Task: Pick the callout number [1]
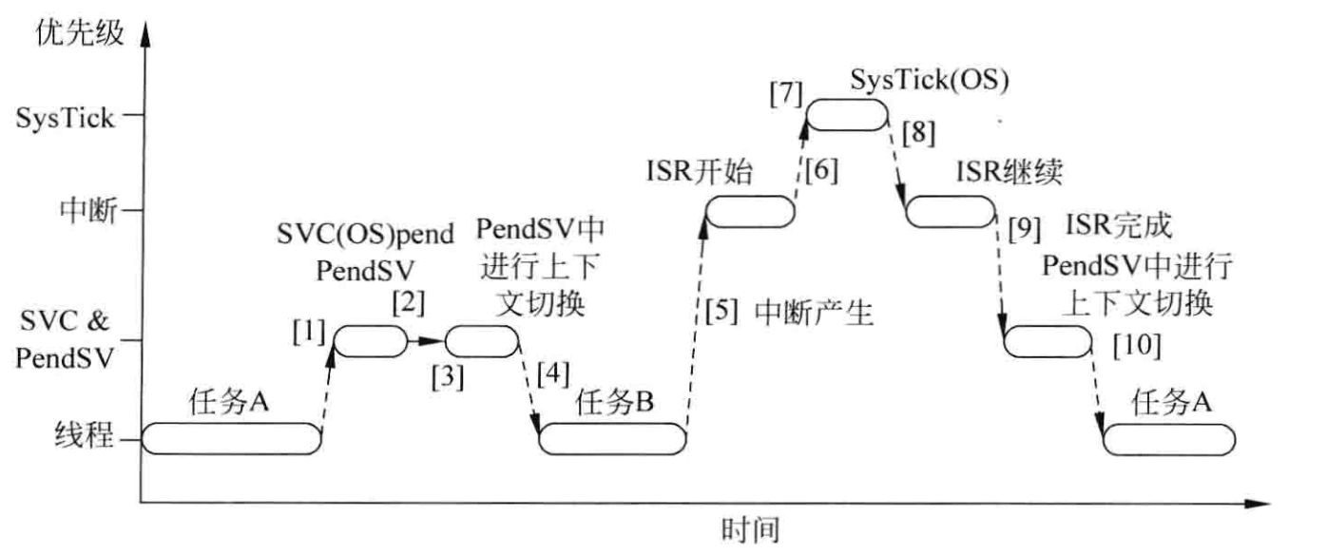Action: coord(309,333)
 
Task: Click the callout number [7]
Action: coord(787,95)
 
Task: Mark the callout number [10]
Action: coord(1136,346)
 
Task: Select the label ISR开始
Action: coord(697,173)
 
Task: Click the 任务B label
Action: coord(615,404)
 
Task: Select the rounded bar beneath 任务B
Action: coord(612,440)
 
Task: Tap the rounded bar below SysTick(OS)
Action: coord(845,115)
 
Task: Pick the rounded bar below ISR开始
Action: coord(749,212)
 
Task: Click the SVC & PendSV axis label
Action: coord(67,341)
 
